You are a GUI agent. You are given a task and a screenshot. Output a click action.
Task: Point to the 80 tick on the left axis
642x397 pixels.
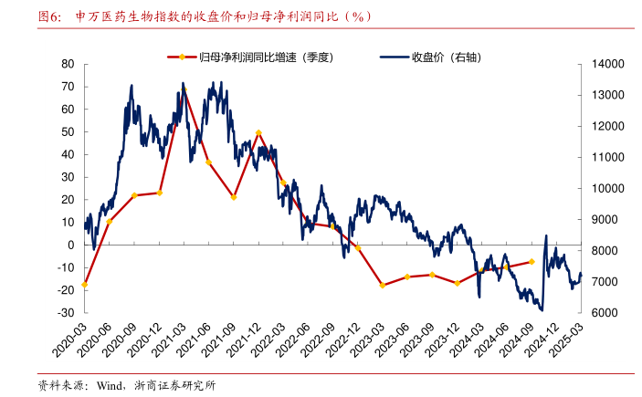click(67, 64)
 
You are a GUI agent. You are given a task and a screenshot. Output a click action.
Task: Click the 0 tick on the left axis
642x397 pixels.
click(69, 245)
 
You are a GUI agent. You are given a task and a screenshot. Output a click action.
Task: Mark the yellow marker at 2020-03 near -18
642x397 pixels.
click(84, 284)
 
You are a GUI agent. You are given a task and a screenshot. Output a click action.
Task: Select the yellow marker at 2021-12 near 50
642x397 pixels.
click(258, 133)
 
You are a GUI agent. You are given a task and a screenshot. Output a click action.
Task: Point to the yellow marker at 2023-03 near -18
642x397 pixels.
click(383, 286)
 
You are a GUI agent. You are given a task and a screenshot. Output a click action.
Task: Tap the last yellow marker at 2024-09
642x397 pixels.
click(531, 262)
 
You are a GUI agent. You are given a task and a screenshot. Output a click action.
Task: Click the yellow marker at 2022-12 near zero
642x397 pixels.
click(358, 247)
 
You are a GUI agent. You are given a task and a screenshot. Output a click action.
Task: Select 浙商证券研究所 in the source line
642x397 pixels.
click(174, 384)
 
